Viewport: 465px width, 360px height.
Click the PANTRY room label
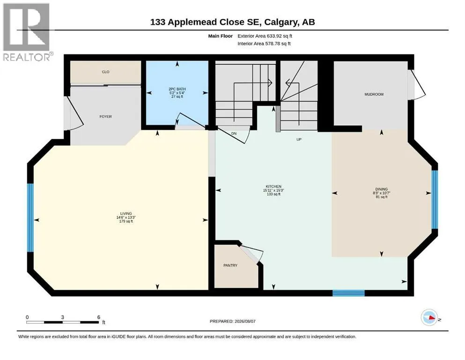pos(230,265)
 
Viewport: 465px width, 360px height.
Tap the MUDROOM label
pos(374,94)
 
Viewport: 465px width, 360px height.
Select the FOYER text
pos(105,117)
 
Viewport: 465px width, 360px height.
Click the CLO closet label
pos(105,72)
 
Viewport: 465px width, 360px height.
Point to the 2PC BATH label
pos(177,89)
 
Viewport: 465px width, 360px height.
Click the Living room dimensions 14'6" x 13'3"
pos(126,217)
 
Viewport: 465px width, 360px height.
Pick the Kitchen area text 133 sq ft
pos(273,194)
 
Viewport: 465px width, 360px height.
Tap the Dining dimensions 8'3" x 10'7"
pos(381,193)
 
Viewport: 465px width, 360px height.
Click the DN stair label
pos(234,134)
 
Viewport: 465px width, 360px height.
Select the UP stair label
pos(299,139)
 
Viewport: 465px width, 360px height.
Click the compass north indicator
pos(429,317)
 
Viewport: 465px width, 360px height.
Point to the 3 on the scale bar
pos(63,317)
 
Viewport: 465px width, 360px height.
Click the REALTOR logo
pos(26,32)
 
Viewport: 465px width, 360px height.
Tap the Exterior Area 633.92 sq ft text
pos(265,36)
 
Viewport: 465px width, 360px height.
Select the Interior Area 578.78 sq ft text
pos(264,44)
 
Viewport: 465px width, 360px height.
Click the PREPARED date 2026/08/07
pos(232,321)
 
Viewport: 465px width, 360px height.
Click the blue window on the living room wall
pos(30,218)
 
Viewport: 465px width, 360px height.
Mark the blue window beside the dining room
pos(435,199)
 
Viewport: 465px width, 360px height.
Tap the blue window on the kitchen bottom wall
pos(348,293)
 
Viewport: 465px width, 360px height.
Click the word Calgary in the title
pos(280,22)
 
